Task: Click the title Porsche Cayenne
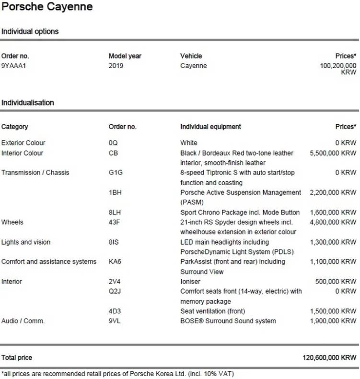(47, 7)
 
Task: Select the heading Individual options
(30, 32)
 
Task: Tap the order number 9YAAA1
(13, 66)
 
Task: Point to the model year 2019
(116, 66)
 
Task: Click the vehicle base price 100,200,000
(338, 66)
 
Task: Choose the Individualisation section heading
(28, 103)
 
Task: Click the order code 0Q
(113, 143)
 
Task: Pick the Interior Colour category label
(22, 153)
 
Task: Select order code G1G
(115, 173)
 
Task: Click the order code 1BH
(115, 192)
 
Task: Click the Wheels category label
(12, 222)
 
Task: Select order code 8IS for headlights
(114, 242)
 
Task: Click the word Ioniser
(190, 282)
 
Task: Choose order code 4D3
(115, 311)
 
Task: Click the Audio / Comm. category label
(23, 321)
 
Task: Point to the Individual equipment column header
(210, 127)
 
